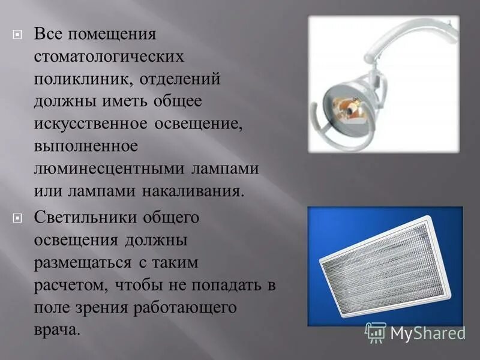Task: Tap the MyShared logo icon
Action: tap(376, 332)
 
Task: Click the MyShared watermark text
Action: tap(427, 333)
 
